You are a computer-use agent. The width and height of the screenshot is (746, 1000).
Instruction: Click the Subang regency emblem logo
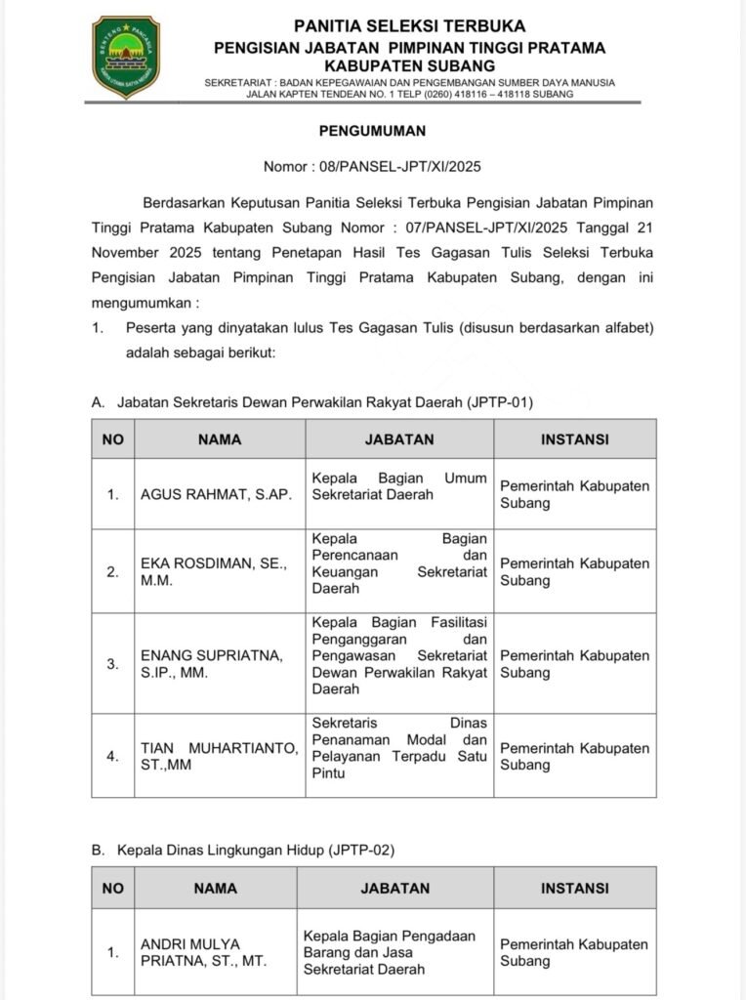[126, 58]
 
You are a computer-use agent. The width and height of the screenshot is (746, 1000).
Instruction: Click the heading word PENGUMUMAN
[372, 130]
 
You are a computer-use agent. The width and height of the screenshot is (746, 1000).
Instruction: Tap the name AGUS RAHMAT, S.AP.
[216, 494]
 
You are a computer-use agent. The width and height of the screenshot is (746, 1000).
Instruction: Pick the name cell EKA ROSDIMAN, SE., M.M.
[214, 571]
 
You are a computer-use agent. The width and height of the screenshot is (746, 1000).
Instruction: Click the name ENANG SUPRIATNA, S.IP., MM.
[211, 664]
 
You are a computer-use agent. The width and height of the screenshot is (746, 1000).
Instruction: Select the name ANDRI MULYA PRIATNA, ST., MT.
[203, 952]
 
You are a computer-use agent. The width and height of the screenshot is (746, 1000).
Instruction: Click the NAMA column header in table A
[219, 439]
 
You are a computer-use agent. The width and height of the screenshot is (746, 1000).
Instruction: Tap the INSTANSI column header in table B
[574, 889]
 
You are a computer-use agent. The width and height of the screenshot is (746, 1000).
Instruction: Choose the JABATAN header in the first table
[399, 439]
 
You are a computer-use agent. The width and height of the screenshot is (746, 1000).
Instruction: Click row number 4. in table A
[113, 756]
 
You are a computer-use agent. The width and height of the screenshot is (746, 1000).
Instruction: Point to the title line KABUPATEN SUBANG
[411, 64]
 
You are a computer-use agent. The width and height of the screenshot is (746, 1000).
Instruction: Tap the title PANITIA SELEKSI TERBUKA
[410, 26]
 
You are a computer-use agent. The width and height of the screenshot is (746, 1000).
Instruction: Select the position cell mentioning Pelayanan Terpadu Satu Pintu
[399, 748]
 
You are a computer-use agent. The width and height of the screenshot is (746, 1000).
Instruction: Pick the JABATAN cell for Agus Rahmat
[399, 486]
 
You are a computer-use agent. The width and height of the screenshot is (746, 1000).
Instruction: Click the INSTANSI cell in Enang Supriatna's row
[574, 664]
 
